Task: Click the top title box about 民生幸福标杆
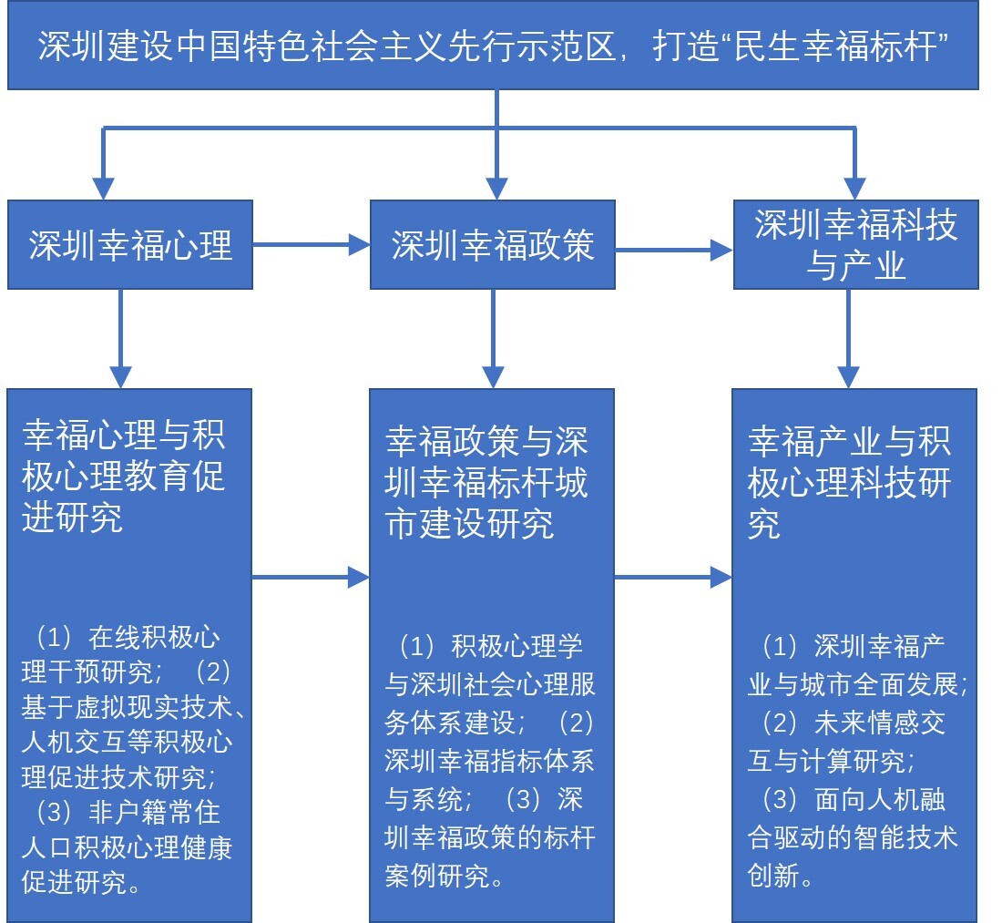coord(493,46)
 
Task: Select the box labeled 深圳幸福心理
coord(130,245)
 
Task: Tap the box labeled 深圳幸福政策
coord(493,245)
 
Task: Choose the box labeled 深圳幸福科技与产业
coord(855,245)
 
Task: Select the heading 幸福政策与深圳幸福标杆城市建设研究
coord(487,483)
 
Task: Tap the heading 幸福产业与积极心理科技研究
coord(850,483)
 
